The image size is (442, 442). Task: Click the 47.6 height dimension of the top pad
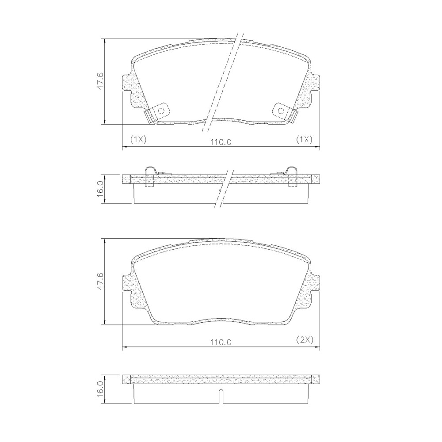pyautogui.click(x=100, y=81)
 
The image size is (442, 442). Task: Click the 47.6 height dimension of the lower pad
pyautogui.click(x=100, y=281)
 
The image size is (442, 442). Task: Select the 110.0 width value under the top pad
pyautogui.click(x=221, y=142)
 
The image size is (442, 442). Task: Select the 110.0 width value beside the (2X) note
pyautogui.click(x=221, y=342)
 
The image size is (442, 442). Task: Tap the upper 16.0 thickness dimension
pyautogui.click(x=100, y=189)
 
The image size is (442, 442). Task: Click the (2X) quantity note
pyautogui.click(x=305, y=339)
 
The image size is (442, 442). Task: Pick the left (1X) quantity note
pyautogui.click(x=138, y=139)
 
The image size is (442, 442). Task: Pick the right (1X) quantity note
pyautogui.click(x=304, y=139)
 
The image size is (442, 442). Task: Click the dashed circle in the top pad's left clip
pyautogui.click(x=161, y=110)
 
